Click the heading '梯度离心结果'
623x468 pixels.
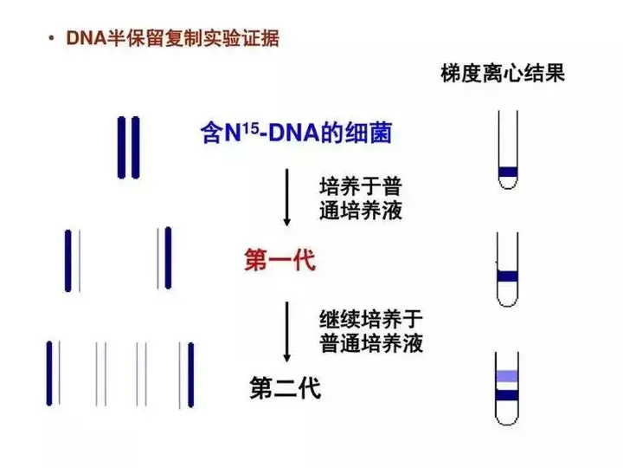click(x=503, y=74)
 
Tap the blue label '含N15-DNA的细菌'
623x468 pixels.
click(x=295, y=133)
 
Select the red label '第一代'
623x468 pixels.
click(x=279, y=259)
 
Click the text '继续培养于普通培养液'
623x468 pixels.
click(x=371, y=330)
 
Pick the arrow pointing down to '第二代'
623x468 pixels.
click(x=287, y=331)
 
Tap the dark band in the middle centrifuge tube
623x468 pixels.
click(x=508, y=276)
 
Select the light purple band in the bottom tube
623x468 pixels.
click(x=508, y=377)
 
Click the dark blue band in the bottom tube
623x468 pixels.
click(x=508, y=395)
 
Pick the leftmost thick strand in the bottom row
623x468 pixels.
click(x=49, y=374)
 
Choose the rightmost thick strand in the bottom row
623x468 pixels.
click(x=191, y=374)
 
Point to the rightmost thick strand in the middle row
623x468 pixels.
click(x=168, y=257)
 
